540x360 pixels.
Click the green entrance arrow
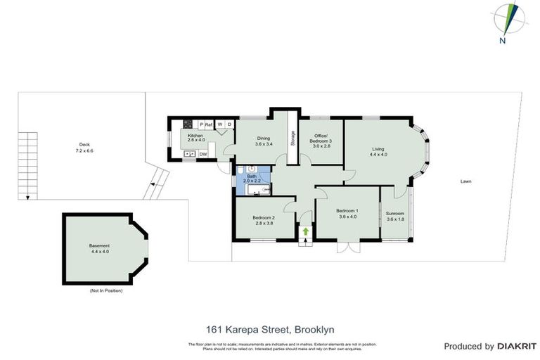[x=305, y=231]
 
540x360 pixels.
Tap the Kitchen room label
[x=195, y=137]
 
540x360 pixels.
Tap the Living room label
[x=378, y=151]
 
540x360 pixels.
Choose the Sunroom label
[x=395, y=216]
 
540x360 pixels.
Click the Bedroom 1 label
[x=347, y=214]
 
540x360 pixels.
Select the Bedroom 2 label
[x=263, y=220]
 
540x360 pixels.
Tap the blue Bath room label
[x=252, y=179]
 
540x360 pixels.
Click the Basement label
[x=99, y=248]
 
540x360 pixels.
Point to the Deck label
[x=84, y=148]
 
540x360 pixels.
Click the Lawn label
[x=465, y=181]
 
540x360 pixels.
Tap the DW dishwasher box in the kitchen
[x=202, y=154]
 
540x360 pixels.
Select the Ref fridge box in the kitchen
[x=208, y=124]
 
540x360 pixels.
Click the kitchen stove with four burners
[x=188, y=124]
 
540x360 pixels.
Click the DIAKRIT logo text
[x=517, y=346]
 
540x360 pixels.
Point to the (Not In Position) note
[x=105, y=290]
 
